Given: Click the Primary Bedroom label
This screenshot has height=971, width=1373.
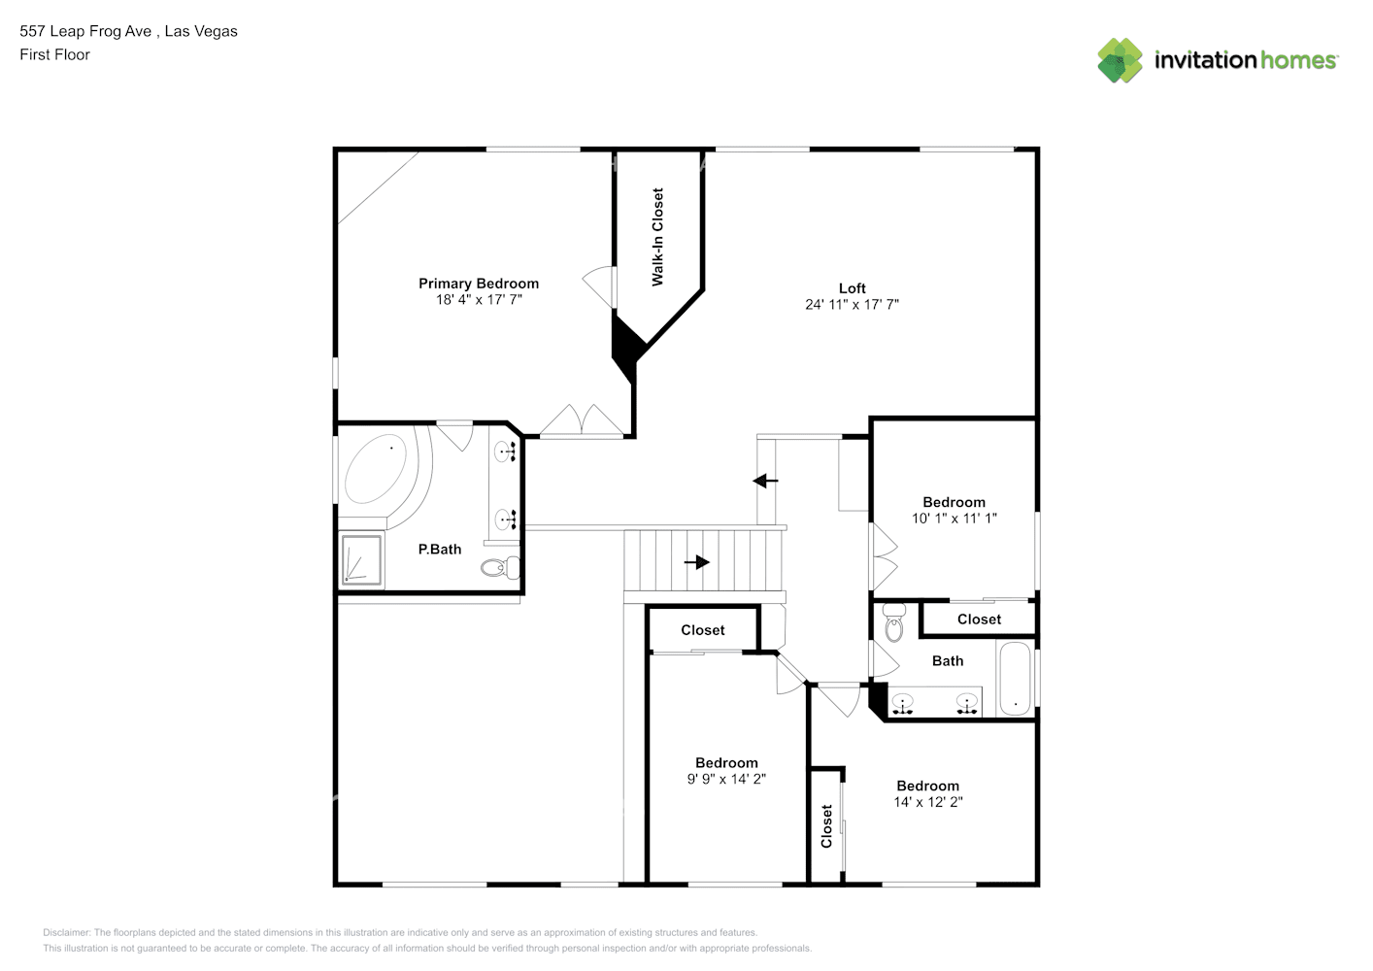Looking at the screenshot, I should [x=478, y=284].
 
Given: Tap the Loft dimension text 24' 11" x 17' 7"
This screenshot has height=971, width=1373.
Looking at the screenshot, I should [x=852, y=304].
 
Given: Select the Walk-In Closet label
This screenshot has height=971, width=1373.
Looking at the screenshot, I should [x=657, y=237].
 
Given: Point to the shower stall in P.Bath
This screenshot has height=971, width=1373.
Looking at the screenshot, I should [x=360, y=560].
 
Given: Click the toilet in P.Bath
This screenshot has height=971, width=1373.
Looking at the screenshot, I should [x=499, y=567].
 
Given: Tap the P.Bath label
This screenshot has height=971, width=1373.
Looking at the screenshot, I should [x=439, y=550].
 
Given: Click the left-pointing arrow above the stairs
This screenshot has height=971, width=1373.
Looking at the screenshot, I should [x=765, y=481].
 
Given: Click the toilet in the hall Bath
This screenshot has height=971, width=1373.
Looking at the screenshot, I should [x=893, y=623].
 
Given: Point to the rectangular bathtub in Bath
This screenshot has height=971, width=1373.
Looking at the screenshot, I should [x=1015, y=678].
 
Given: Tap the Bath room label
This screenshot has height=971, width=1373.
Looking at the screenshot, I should [x=947, y=661].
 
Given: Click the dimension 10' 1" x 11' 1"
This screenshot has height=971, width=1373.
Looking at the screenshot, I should [x=954, y=519].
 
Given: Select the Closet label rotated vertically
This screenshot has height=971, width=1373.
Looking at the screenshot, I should [x=826, y=825].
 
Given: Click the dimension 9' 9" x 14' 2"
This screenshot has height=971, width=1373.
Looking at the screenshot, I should [x=726, y=779].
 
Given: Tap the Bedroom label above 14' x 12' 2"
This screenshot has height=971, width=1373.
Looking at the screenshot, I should [x=927, y=786].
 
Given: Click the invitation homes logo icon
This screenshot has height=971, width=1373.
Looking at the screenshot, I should [x=1120, y=60].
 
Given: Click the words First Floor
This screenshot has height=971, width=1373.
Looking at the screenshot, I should [x=54, y=54].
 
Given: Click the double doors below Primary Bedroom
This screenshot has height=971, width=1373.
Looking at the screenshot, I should [x=582, y=421].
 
